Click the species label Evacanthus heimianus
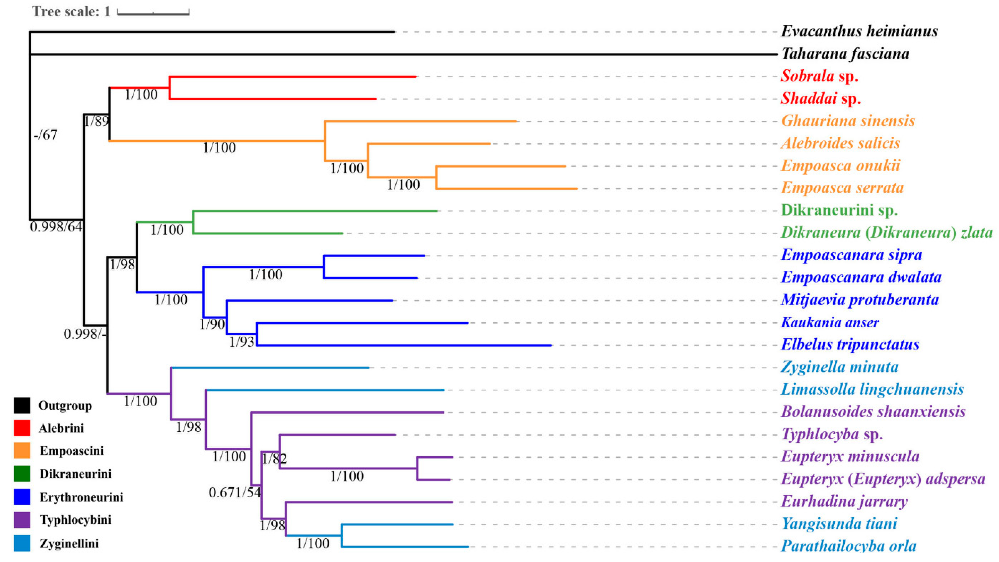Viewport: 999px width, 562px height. [859, 31]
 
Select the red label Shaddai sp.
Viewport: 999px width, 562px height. [820, 99]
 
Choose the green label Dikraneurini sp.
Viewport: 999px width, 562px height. [839, 210]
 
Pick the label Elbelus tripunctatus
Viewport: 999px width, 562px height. [850, 344]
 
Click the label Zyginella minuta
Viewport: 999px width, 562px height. [839, 367]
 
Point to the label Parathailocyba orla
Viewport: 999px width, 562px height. [848, 546]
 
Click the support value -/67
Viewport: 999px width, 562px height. [45, 135]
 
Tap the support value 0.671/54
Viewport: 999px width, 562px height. [235, 493]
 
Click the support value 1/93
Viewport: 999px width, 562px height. [242, 342]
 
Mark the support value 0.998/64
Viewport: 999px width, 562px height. [56, 227]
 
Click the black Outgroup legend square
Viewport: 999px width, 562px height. [22, 405]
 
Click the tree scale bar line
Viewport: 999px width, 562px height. [153, 14]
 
